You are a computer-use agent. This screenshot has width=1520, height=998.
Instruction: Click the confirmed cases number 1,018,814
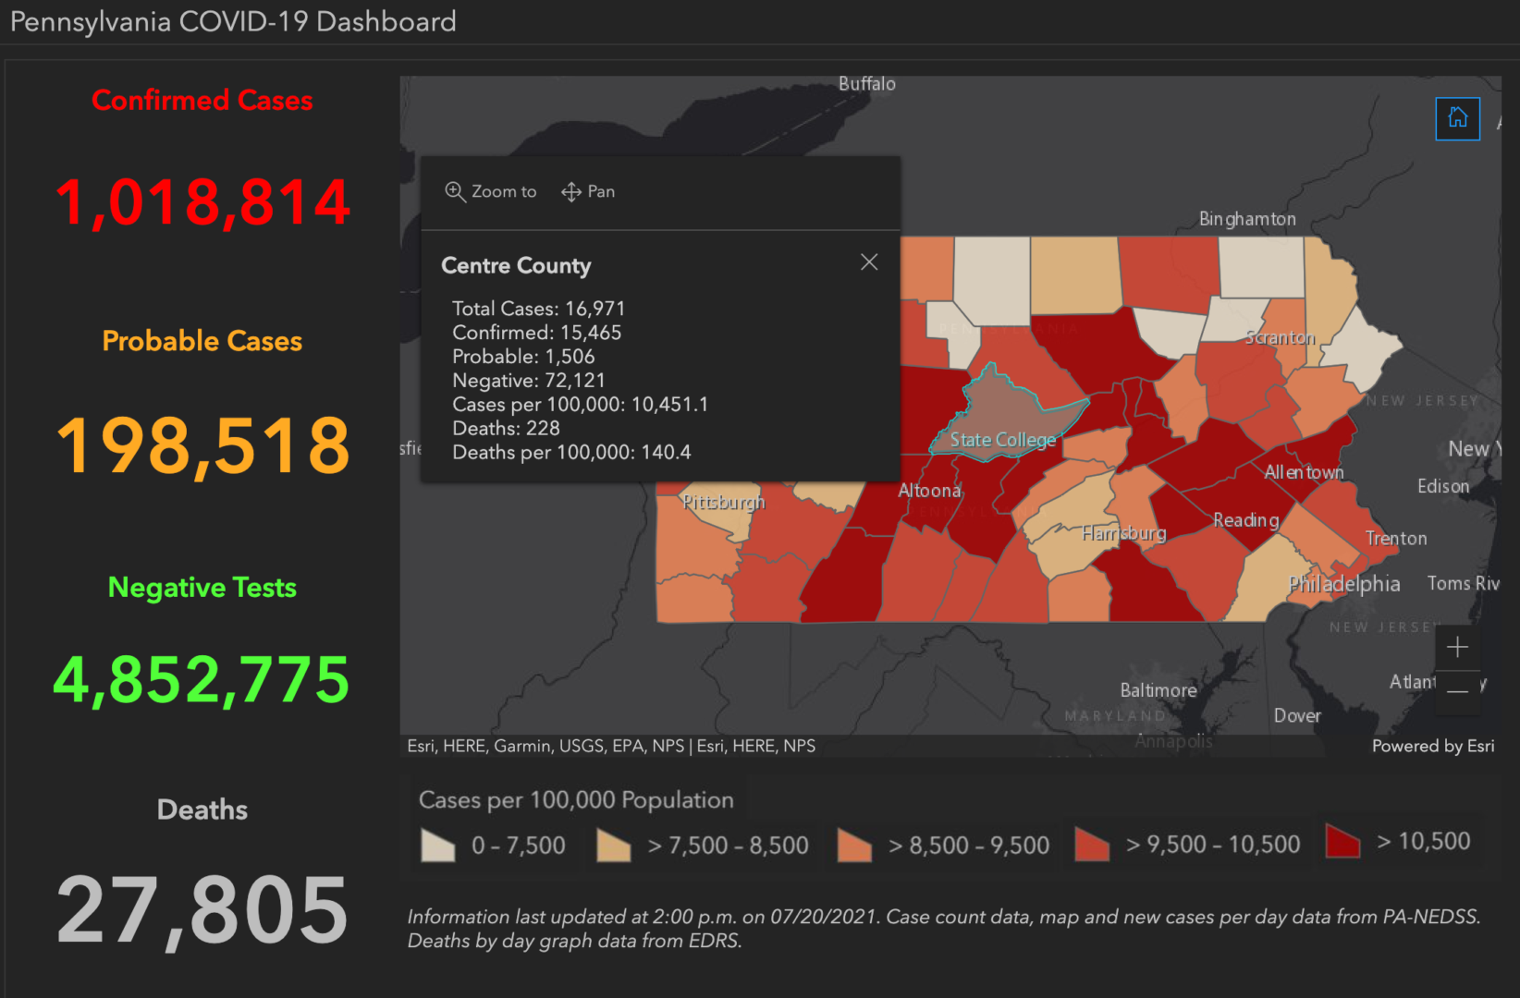pyautogui.click(x=202, y=202)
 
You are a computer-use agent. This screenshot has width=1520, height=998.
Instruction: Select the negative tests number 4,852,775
pyautogui.click(x=202, y=680)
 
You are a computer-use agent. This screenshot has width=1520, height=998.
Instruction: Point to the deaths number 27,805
pyautogui.click(x=202, y=911)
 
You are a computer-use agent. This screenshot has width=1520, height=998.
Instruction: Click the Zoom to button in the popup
pyautogui.click(x=491, y=191)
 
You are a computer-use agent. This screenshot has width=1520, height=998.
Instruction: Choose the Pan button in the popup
pyautogui.click(x=588, y=191)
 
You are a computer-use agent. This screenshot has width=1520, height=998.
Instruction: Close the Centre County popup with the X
pyautogui.click(x=868, y=262)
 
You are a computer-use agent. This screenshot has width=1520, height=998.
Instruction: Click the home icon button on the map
pyautogui.click(x=1457, y=118)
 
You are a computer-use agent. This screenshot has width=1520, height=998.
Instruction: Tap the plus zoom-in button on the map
pyautogui.click(x=1457, y=647)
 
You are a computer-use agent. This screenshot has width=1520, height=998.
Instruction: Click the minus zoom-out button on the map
pyautogui.click(x=1457, y=690)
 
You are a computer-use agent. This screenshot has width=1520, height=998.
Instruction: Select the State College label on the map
pyautogui.click(x=1002, y=440)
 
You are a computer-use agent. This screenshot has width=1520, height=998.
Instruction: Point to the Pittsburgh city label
pyautogui.click(x=723, y=502)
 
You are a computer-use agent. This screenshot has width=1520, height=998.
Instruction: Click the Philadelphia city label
pyautogui.click(x=1343, y=584)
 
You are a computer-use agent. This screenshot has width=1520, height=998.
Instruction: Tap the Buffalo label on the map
pyautogui.click(x=866, y=84)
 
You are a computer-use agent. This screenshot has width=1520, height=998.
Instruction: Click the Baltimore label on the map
pyautogui.click(x=1158, y=690)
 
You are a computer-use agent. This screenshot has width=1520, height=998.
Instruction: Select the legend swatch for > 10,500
pyautogui.click(x=1342, y=842)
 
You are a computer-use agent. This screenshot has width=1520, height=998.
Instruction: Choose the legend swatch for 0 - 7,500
pyautogui.click(x=437, y=846)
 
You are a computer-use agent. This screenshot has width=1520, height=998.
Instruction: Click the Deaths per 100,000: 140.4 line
pyautogui.click(x=571, y=453)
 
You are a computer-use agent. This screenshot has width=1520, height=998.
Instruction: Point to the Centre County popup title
pyautogui.click(x=516, y=266)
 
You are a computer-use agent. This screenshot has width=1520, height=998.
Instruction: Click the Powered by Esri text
pyautogui.click(x=1432, y=746)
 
